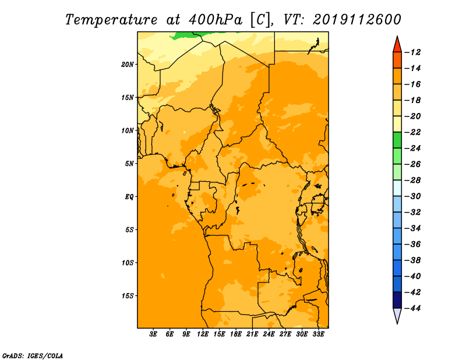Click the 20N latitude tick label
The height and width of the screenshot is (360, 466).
(x=128, y=64)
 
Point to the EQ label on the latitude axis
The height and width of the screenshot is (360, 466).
(x=129, y=196)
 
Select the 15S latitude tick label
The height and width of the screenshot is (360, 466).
(x=128, y=296)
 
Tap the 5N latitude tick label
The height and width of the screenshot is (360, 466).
(x=129, y=164)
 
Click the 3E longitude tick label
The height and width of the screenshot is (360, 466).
(x=153, y=334)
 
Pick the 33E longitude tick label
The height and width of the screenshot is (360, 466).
(x=318, y=334)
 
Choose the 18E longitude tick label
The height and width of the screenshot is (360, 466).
(x=236, y=334)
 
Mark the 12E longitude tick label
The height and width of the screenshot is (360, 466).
(x=203, y=334)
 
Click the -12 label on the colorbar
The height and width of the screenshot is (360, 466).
(x=413, y=52)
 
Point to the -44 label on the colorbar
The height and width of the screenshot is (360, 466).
(x=413, y=308)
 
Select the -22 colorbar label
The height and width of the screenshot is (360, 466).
(x=413, y=132)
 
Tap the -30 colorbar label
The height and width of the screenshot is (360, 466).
(x=413, y=196)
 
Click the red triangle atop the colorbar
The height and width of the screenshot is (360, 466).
(x=397, y=45)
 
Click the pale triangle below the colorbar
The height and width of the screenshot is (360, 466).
(x=397, y=315)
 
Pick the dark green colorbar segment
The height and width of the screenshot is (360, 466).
(x=397, y=140)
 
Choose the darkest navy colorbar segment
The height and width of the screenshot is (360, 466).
(x=397, y=300)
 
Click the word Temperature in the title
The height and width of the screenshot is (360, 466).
(x=111, y=20)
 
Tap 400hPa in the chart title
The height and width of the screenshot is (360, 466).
(x=216, y=20)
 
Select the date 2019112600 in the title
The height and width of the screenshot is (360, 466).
(x=357, y=20)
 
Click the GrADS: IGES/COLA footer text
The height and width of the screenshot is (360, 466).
(x=33, y=356)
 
